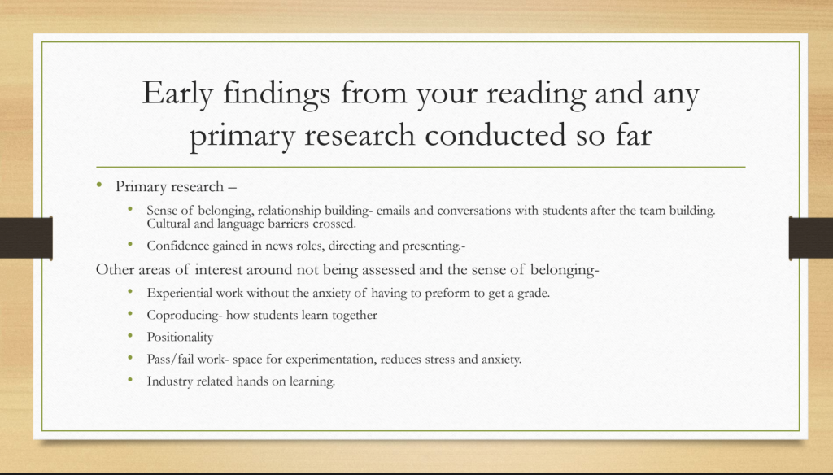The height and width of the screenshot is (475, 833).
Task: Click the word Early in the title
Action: coord(177,94)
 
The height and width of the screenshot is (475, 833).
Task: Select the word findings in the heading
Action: coord(277,94)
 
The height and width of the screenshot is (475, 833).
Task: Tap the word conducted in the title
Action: coord(495,134)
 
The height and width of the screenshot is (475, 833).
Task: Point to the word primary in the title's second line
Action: coord(242,136)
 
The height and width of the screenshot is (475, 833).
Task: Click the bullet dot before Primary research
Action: coord(98,185)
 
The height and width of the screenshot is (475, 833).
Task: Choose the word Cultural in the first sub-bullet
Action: coord(168,224)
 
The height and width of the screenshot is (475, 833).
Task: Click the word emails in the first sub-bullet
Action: coord(393,211)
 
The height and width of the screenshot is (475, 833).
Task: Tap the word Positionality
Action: coord(180,338)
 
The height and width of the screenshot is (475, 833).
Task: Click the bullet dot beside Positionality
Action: coord(130,336)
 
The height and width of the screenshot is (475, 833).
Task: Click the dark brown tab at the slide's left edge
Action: coord(26,237)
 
